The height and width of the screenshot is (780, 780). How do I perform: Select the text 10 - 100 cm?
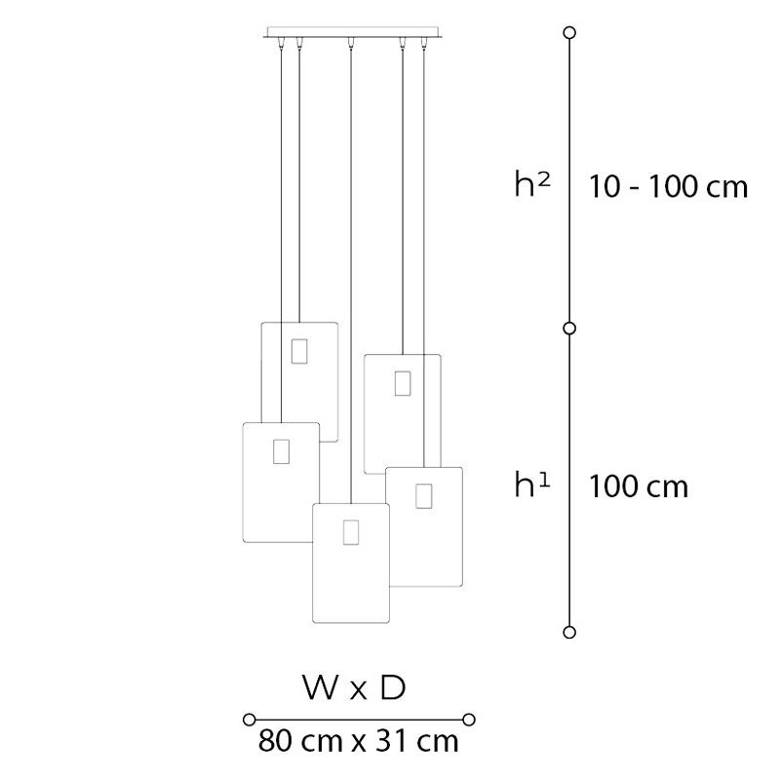(668, 187)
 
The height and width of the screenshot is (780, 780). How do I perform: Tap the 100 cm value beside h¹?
(639, 487)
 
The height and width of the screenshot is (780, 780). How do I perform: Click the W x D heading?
(354, 688)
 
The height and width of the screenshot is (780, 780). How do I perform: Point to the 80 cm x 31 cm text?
(358, 741)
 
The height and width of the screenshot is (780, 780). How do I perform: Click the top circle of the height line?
(570, 33)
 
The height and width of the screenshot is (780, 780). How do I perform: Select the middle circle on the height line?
(569, 329)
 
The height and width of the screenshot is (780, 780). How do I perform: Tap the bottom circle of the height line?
(569, 632)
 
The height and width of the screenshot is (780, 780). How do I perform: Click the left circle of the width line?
(250, 720)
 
